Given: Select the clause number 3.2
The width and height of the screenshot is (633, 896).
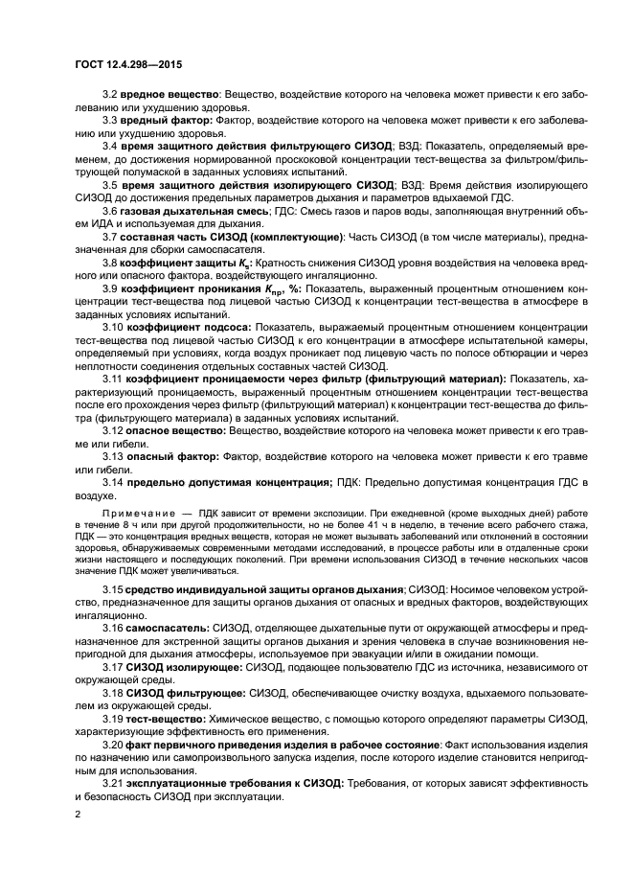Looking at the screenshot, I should pyautogui.click(x=109, y=94).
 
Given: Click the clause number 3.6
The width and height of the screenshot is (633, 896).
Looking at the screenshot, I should pyautogui.click(x=109, y=210).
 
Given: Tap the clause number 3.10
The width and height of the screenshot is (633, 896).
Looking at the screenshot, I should pyautogui.click(x=112, y=327).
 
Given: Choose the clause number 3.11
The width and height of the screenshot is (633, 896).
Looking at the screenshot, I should pyautogui.click(x=112, y=379).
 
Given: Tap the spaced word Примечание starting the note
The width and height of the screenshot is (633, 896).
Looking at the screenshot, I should pyautogui.click(x=139, y=514).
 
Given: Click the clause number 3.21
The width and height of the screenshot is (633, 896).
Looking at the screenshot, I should pyautogui.click(x=112, y=782).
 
